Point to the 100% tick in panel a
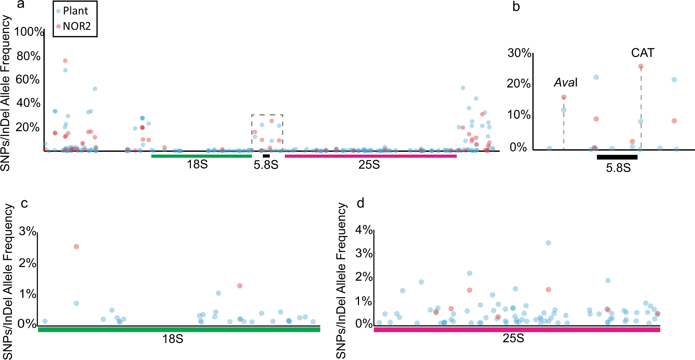29,32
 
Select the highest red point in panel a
65,61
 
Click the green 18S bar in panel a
201,156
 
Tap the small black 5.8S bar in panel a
266,156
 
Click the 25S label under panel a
369,165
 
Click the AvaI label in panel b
565,83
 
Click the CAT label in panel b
642,53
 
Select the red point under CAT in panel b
641,66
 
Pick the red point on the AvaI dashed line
564,97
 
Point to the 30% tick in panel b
519,53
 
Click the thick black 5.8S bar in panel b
617,157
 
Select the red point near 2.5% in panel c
76,246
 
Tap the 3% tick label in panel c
28,231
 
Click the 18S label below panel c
173,339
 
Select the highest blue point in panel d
548,243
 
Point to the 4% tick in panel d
364,229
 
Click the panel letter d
360,203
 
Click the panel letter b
516,7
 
